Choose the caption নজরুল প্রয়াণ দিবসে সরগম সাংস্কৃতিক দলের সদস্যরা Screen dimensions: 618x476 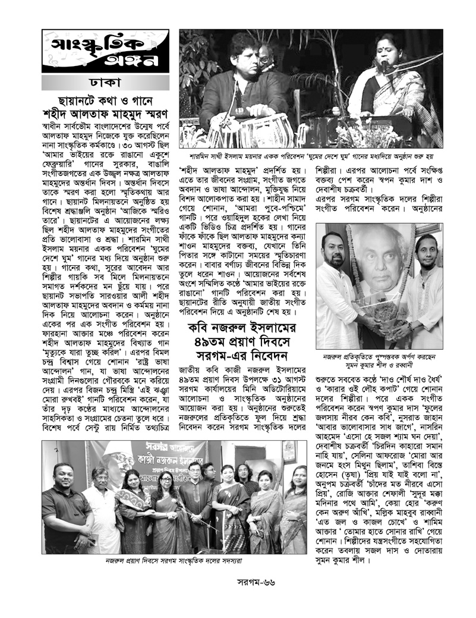[175, 560]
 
